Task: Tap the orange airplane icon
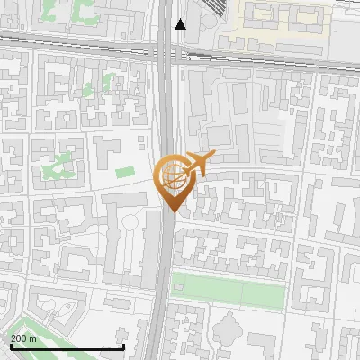(x=197, y=164)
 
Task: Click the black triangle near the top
(x=181, y=24)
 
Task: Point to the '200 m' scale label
(x=24, y=338)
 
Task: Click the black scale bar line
(x=67, y=346)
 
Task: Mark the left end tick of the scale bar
(x=10, y=345)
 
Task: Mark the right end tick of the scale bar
(x=123, y=345)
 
